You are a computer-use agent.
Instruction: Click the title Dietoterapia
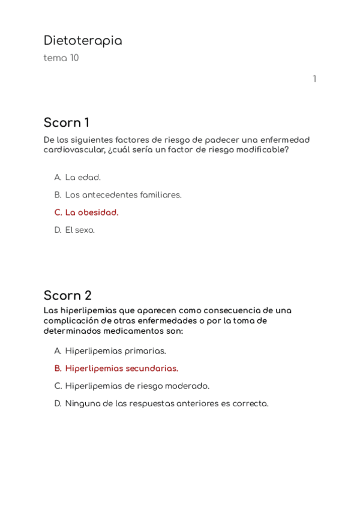[x=83, y=41]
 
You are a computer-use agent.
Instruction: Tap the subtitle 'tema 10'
[x=61, y=58]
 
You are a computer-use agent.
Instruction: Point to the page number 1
[x=314, y=79]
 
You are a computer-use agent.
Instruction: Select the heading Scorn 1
[x=66, y=123]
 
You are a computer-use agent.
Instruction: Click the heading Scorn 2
[x=67, y=296]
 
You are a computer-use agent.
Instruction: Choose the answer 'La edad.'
[x=83, y=178]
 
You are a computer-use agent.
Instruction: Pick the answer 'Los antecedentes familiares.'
[x=123, y=195]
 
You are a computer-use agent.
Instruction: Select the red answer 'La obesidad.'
[x=92, y=212]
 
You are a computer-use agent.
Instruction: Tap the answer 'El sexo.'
[x=80, y=230]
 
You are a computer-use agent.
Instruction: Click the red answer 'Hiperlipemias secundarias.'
[x=121, y=369]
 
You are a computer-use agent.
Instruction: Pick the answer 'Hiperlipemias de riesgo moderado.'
[x=137, y=386]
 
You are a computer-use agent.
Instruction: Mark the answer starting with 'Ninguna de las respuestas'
[x=166, y=403]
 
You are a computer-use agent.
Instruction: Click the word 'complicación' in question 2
[x=71, y=321]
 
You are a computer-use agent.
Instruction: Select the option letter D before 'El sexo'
[x=58, y=230]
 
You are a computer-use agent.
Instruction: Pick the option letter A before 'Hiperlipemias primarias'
[x=58, y=351]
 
